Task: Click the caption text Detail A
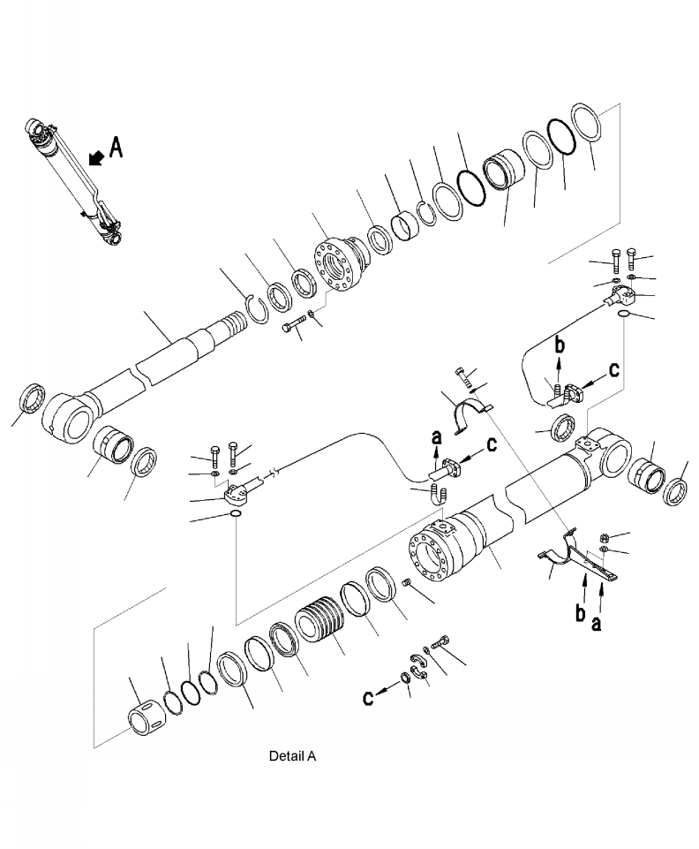pos(292,756)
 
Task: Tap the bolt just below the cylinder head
pos(294,329)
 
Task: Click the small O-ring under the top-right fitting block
pos(624,314)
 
